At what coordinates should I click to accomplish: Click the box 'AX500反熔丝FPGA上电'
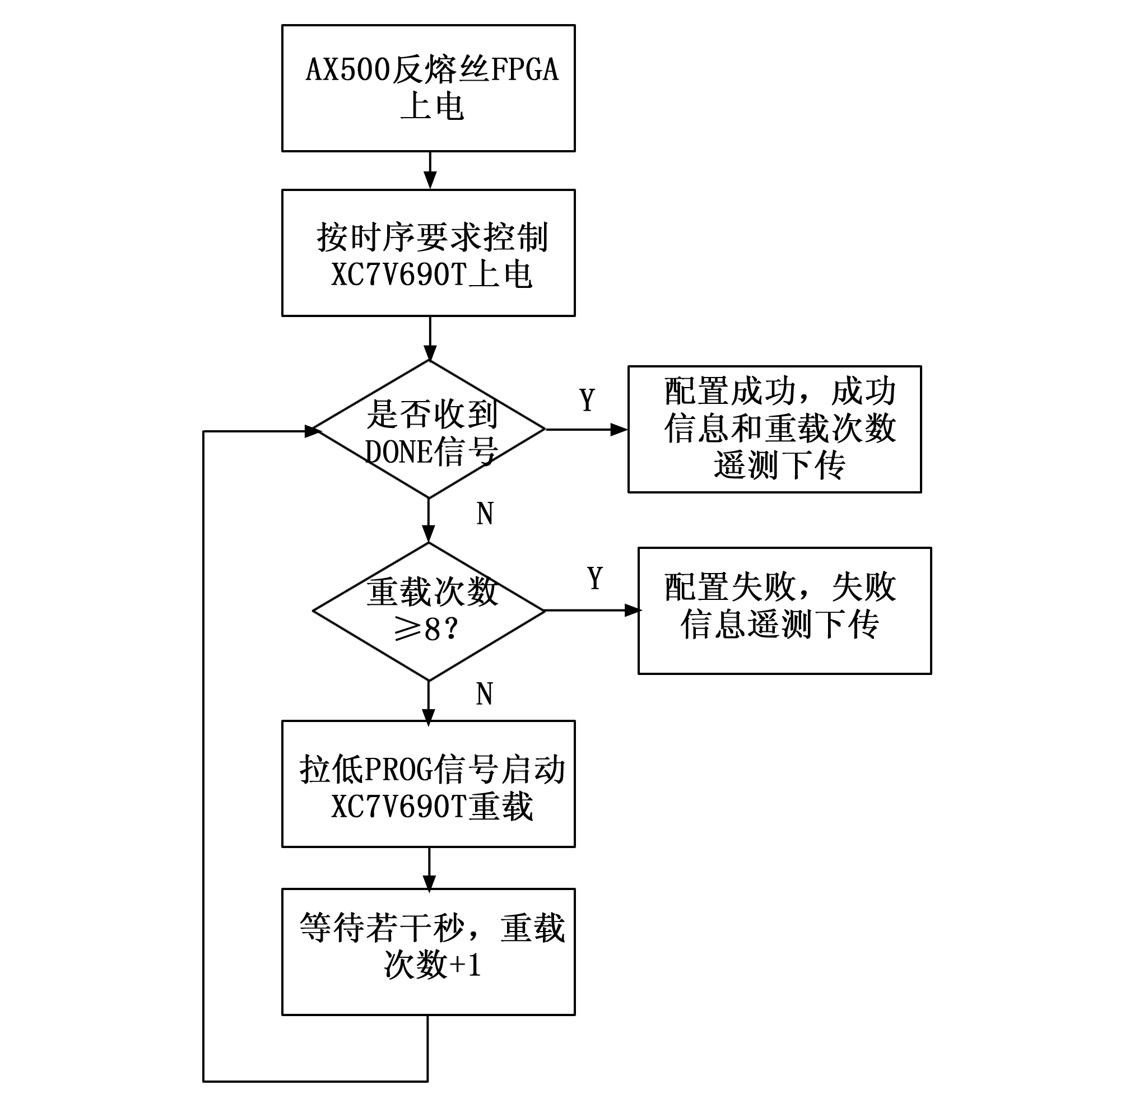428,89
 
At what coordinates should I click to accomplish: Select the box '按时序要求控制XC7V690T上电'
428,253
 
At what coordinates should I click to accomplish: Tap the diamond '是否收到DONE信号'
428,430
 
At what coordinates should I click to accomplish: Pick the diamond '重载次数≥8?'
428,611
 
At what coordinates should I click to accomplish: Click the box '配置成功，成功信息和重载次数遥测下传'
775,429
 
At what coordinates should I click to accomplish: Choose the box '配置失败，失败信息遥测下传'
784,611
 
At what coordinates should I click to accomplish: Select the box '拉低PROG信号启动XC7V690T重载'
428,784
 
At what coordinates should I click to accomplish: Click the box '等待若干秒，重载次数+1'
428,952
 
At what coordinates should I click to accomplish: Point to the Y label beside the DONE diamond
587,400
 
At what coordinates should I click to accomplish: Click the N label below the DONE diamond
485,513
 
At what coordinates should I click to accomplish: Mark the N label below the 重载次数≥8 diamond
485,693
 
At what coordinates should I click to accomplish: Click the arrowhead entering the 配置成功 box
619,430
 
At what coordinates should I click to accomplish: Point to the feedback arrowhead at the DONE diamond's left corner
312,431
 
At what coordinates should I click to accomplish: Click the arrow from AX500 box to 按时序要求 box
430,171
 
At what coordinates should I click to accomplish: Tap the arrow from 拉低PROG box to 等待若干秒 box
429,868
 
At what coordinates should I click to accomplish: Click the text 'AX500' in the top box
348,70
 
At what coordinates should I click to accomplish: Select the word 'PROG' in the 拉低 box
399,770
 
